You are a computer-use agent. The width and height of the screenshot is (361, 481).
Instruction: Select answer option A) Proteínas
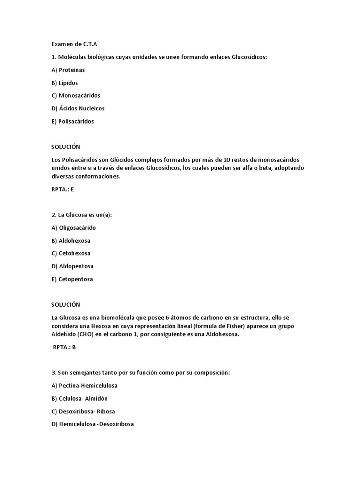pos(68,70)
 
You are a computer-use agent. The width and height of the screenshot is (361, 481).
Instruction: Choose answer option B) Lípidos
pos(65,83)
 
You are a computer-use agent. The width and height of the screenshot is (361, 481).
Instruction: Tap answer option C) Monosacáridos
pos(76,95)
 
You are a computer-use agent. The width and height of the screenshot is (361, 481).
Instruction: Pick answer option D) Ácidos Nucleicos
pos(78,108)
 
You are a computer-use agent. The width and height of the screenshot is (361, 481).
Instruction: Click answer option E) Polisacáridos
pos(73,121)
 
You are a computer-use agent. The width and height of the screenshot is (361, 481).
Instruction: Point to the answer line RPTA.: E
pos(63,189)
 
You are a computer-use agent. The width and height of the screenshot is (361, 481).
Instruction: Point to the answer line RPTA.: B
pos(64,347)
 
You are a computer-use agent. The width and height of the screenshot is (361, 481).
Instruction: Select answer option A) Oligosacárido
pos(74,228)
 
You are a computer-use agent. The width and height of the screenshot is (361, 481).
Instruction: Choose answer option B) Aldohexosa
pos(71,240)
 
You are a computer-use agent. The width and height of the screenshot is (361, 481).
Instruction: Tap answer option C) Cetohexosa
pos(71,253)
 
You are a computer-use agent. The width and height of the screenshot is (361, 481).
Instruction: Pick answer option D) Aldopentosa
pos(72,266)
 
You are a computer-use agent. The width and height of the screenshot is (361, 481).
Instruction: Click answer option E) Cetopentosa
pos(72,279)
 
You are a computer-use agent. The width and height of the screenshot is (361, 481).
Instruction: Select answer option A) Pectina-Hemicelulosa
pos(85,386)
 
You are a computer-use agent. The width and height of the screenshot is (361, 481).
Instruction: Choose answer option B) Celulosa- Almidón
pos(79,398)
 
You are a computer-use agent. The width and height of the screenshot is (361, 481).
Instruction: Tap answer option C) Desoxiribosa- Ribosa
pos(83,411)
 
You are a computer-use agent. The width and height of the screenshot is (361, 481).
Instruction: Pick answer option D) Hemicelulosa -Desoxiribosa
pos(93,424)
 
